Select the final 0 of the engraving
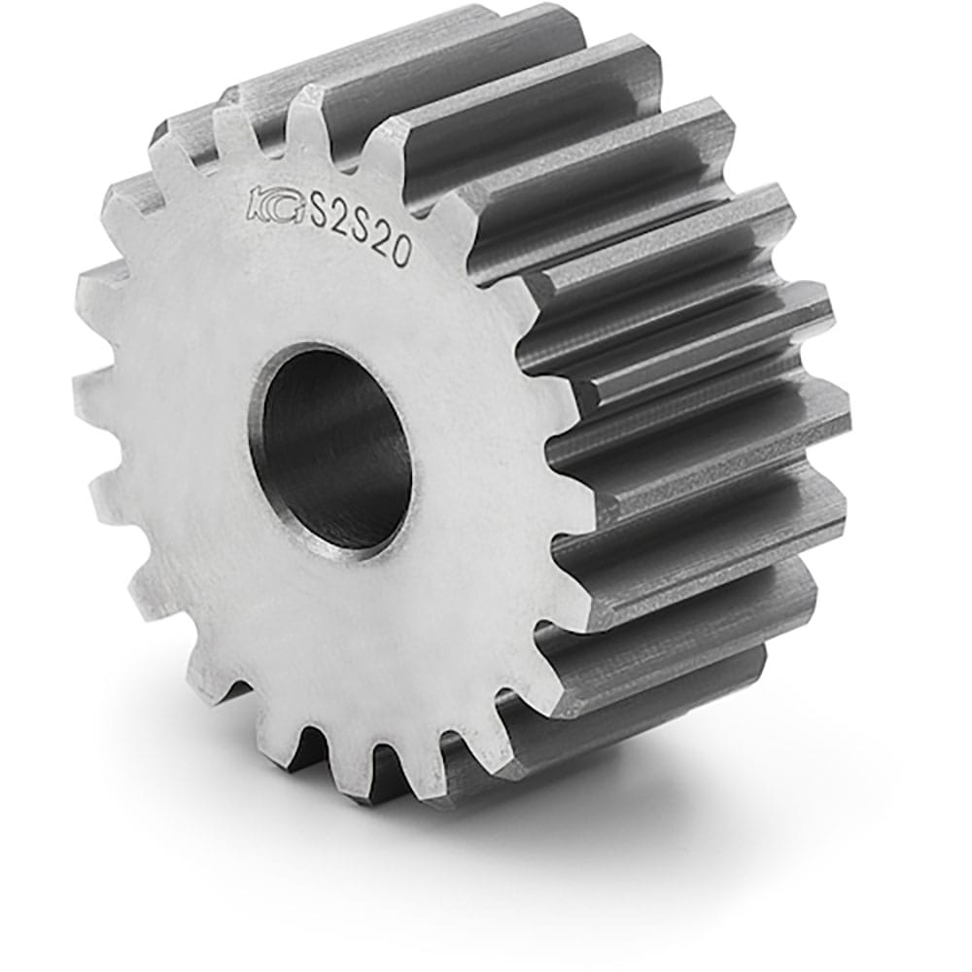[403, 254]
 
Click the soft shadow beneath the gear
[622, 826]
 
